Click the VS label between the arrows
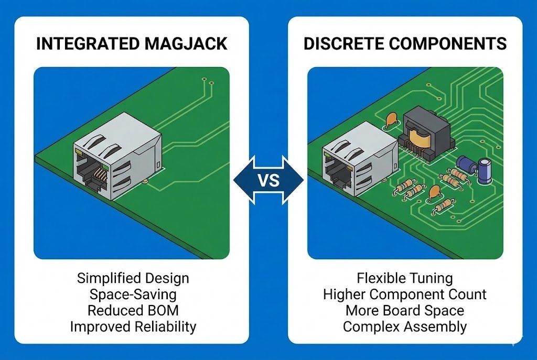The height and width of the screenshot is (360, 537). click(x=268, y=181)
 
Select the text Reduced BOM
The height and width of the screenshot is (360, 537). click(x=132, y=310)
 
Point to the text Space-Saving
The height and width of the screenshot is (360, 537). click(x=132, y=294)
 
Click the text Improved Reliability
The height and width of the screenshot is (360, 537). click(x=133, y=327)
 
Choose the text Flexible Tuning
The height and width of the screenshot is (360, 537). click(x=404, y=278)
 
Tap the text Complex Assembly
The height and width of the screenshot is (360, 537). click(x=404, y=327)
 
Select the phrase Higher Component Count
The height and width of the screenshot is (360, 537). click(x=404, y=294)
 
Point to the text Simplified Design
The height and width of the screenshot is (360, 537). click(x=132, y=278)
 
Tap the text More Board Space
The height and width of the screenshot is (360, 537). click(x=404, y=310)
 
